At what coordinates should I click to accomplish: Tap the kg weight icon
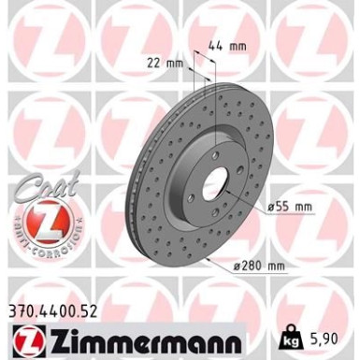point(293,332)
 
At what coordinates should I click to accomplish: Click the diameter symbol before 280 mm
point(239,269)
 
